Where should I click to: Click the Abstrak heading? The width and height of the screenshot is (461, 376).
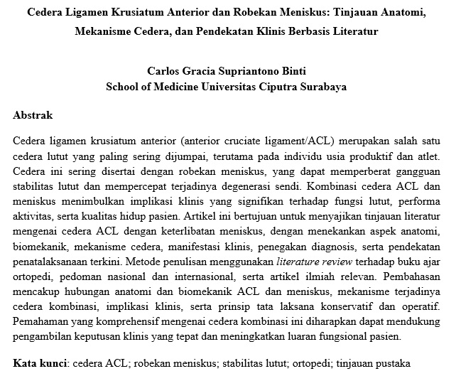pos(33,114)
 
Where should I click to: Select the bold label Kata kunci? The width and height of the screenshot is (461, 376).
pos(39,362)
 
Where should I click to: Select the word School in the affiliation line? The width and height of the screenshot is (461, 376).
pos(124,87)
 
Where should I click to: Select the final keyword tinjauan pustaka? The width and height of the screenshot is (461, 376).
pos(383,362)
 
